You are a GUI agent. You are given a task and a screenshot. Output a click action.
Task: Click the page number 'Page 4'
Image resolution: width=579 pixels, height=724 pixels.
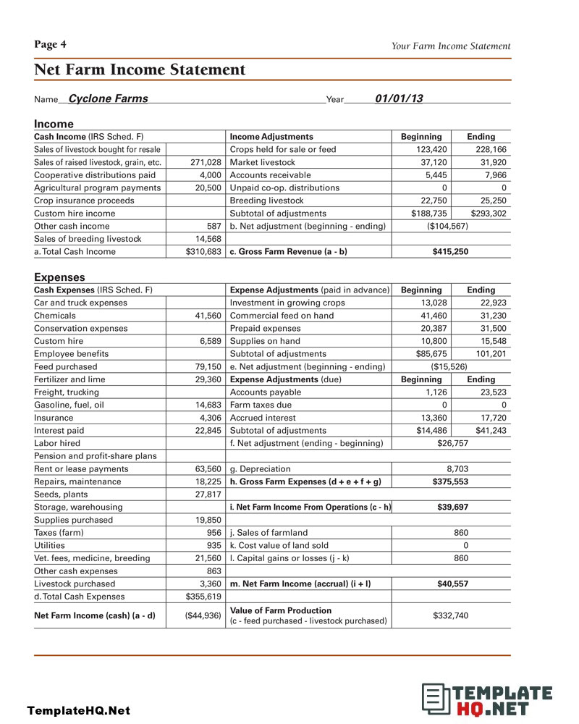50,45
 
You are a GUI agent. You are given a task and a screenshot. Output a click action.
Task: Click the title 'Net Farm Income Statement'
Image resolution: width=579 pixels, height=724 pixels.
140,70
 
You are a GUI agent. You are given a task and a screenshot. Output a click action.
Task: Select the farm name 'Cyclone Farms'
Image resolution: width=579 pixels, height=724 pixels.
108,99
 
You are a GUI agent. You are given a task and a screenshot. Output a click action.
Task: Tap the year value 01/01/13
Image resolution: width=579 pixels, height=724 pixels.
399,99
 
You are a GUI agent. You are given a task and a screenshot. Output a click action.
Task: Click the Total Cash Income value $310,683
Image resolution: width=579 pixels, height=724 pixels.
203,252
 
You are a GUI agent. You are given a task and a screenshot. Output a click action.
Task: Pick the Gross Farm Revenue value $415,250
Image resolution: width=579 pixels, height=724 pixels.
451,252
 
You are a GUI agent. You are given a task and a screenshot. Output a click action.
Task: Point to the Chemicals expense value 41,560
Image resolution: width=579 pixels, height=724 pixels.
206,316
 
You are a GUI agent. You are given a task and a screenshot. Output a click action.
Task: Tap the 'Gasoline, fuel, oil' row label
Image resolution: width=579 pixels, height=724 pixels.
69,405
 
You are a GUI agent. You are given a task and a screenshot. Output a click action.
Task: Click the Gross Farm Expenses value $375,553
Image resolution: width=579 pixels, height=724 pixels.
451,481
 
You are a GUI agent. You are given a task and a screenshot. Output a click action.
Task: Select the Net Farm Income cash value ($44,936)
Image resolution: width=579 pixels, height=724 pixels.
203,616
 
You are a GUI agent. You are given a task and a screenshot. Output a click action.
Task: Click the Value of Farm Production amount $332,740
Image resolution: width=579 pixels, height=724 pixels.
450,615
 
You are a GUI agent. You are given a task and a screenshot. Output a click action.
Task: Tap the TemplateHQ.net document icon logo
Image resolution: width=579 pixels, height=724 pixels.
434,698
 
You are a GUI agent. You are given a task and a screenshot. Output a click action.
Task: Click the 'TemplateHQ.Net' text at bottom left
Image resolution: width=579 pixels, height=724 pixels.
79,710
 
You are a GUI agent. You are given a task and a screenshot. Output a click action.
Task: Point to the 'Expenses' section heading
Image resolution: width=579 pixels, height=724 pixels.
59,277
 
